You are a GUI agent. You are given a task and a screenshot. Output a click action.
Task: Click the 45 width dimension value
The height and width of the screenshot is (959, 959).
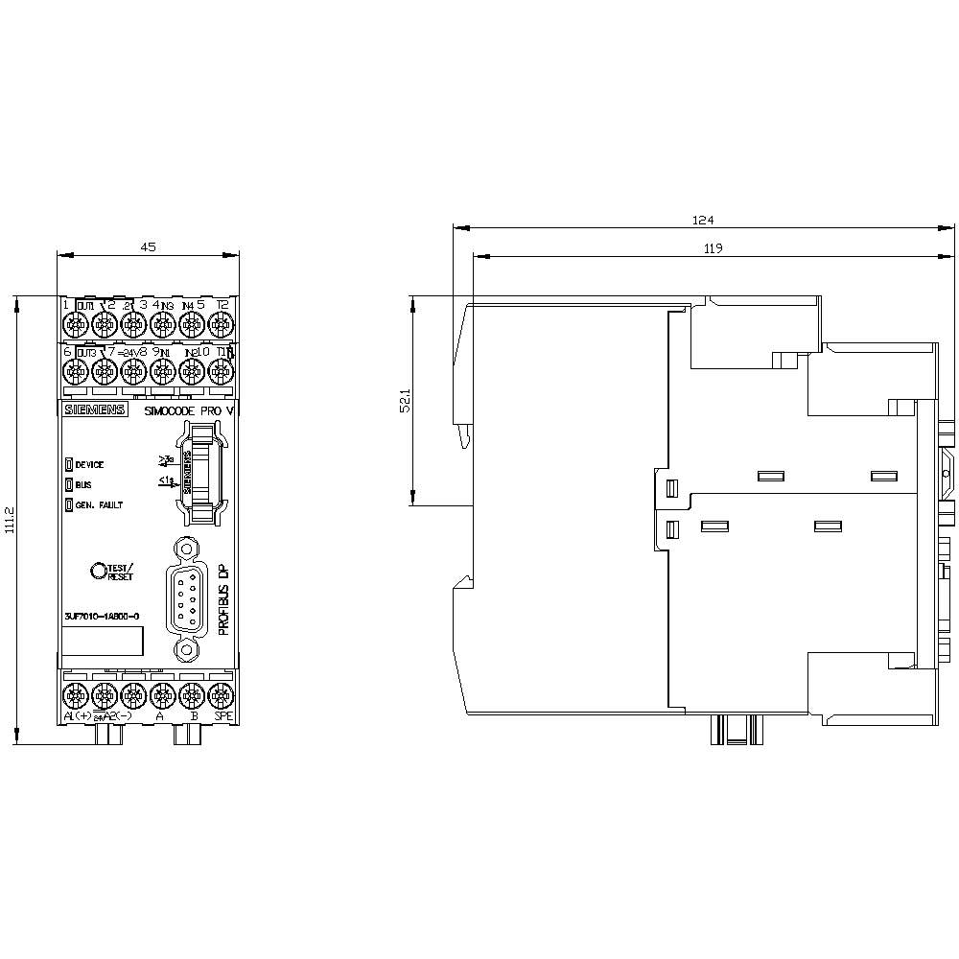(x=149, y=246)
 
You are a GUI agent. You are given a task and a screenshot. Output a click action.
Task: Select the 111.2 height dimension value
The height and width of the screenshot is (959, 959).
(x=11, y=521)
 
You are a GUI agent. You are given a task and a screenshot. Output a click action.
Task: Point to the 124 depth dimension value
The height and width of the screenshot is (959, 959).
(x=704, y=220)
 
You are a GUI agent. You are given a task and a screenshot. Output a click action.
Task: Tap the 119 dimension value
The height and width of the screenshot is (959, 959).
(x=712, y=248)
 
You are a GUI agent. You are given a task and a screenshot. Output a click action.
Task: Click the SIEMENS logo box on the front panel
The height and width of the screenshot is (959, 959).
(x=94, y=410)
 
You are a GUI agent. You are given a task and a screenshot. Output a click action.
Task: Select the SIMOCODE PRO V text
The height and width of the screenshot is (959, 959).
(x=188, y=410)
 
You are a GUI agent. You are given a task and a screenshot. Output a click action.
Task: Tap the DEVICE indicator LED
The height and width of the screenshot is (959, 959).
(x=69, y=464)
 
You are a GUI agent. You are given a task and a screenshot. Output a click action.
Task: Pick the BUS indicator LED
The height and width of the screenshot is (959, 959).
(x=69, y=485)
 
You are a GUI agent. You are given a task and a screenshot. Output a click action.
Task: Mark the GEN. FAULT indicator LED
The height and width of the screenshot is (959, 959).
(x=69, y=504)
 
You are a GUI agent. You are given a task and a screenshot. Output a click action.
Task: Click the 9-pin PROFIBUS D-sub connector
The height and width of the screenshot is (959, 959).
(x=187, y=599)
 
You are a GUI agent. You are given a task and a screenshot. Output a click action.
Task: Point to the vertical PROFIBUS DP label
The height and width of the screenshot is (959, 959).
(x=224, y=599)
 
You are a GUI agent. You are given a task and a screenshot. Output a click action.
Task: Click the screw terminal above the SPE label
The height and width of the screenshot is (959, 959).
(x=222, y=692)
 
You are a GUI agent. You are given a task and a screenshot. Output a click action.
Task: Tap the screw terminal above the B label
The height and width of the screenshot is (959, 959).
(x=192, y=692)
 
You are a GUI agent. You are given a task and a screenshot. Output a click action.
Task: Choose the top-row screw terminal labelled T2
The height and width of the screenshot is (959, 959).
(x=222, y=324)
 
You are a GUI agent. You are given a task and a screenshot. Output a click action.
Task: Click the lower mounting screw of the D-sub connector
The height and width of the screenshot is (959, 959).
(x=187, y=649)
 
